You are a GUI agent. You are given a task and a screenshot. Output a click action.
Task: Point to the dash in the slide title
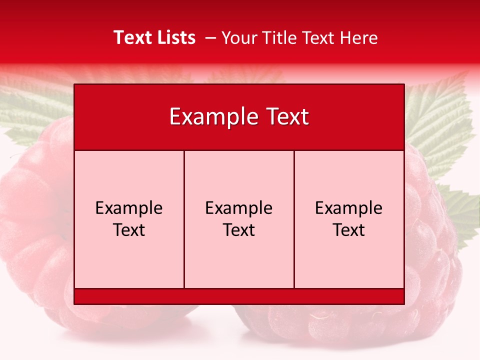[210, 38]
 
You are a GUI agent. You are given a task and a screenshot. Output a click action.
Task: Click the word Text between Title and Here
[318, 38]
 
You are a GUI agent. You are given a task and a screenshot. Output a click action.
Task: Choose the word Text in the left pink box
[129, 230]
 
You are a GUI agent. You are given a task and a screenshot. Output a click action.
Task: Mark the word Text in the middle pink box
[239, 230]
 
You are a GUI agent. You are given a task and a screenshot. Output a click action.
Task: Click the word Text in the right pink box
[348, 230]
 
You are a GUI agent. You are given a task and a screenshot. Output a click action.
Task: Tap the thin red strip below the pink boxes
[239, 296]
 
